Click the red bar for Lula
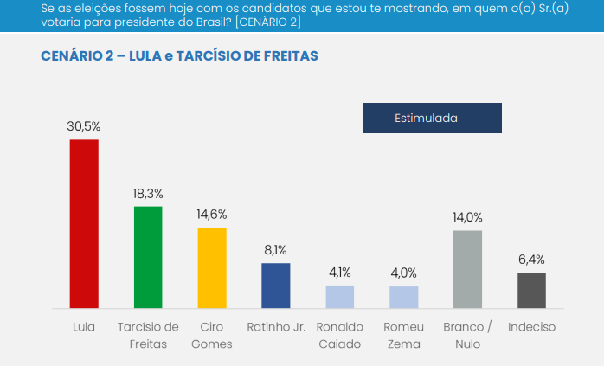(84, 223)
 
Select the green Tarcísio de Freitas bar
(148, 257)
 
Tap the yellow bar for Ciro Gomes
(212, 267)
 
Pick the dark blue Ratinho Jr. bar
(276, 286)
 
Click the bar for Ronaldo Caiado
(340, 297)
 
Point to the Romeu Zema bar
(404, 297)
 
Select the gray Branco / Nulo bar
(467, 269)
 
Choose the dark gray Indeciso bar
(531, 290)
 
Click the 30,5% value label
(84, 125)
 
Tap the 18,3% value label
(148, 193)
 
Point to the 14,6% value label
(212, 214)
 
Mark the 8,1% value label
(276, 250)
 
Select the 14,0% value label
(467, 217)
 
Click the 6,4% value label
(531, 259)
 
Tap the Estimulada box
(432, 118)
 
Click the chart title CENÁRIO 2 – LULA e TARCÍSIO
(179, 55)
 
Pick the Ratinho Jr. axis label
(276, 327)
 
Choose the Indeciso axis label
(531, 327)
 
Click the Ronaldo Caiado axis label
(340, 335)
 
